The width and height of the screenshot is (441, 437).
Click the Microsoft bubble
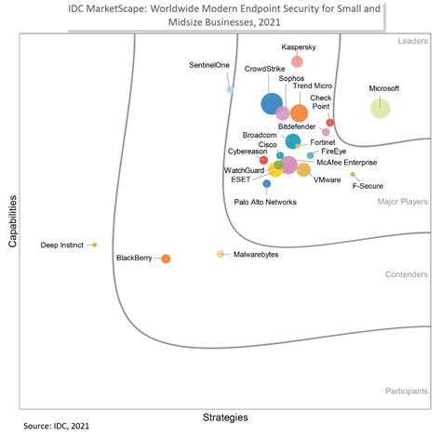(x=381, y=108)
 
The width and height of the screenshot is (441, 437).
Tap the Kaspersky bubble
(x=297, y=61)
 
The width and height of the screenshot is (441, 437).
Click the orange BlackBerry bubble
(x=166, y=258)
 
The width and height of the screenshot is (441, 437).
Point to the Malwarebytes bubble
(x=220, y=254)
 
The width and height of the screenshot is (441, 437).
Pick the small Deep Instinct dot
(x=94, y=245)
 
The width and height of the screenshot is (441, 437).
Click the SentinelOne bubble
(x=230, y=89)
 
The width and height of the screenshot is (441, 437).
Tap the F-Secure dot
(x=353, y=174)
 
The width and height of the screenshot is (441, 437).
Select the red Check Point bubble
(x=330, y=123)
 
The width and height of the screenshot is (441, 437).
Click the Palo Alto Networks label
(x=265, y=202)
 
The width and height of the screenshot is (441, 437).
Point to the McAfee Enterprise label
(x=347, y=162)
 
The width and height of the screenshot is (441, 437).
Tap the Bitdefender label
(x=298, y=126)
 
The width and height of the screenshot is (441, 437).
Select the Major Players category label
(x=402, y=201)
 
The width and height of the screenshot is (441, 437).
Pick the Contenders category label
(x=406, y=274)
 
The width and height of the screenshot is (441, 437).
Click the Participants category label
(x=406, y=391)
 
